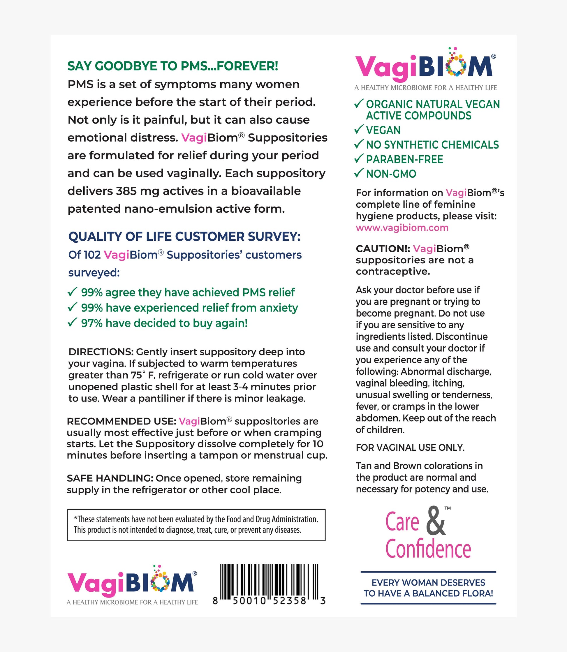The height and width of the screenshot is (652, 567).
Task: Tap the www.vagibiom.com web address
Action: point(402,228)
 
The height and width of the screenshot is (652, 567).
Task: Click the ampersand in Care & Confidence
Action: point(436,521)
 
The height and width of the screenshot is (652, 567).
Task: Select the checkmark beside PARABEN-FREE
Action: point(358,158)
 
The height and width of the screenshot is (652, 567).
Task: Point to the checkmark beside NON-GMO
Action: point(358,173)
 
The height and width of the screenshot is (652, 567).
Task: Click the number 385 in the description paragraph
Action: point(126,191)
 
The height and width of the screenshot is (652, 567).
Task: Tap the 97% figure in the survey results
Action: point(92,323)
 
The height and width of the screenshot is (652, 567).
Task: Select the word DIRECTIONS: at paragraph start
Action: point(102,352)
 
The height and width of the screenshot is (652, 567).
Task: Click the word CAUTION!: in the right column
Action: point(383,249)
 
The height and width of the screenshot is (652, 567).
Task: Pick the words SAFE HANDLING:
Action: point(110,478)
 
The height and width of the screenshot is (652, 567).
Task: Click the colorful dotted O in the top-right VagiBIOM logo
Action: point(456,66)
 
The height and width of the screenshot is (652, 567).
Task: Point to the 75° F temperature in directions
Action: point(143,375)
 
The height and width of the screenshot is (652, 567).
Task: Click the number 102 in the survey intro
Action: point(93,255)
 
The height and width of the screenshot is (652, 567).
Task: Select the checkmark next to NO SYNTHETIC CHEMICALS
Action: point(358,144)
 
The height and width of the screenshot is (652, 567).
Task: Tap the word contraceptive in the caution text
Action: point(393,272)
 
